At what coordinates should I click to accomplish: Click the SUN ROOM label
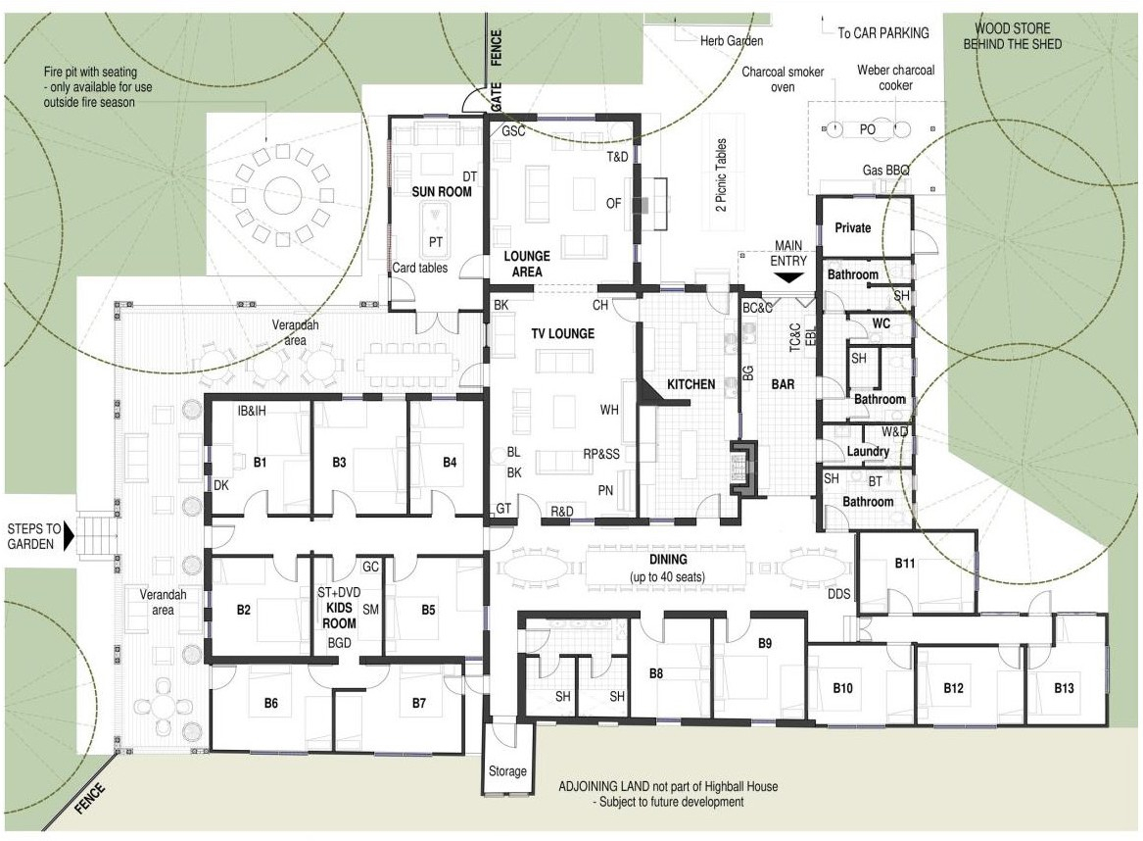pyautogui.click(x=442, y=191)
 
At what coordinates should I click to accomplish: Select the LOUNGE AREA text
pyautogui.click(x=527, y=264)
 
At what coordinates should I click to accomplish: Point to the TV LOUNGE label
pyautogui.click(x=563, y=333)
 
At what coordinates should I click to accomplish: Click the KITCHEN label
pyautogui.click(x=691, y=383)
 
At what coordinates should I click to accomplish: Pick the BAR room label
pyautogui.click(x=783, y=383)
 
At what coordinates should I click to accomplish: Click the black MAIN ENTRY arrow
pyautogui.click(x=788, y=278)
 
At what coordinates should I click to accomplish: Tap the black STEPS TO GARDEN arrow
pyautogui.click(x=69, y=536)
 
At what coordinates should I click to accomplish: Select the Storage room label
pyautogui.click(x=507, y=771)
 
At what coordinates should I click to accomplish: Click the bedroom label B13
pyautogui.click(x=1064, y=688)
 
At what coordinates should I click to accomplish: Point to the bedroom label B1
pyautogui.click(x=261, y=462)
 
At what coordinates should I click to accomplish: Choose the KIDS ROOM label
pyautogui.click(x=339, y=615)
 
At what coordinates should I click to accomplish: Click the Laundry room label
pyautogui.click(x=868, y=452)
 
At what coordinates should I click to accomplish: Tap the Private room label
pyautogui.click(x=853, y=227)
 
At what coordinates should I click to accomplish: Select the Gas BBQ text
pyautogui.click(x=885, y=170)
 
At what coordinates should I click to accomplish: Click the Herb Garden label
pyautogui.click(x=732, y=41)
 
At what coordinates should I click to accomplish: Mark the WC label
pyautogui.click(x=881, y=323)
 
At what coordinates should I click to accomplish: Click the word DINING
pyautogui.click(x=668, y=560)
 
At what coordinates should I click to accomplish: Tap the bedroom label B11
pyautogui.click(x=905, y=563)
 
